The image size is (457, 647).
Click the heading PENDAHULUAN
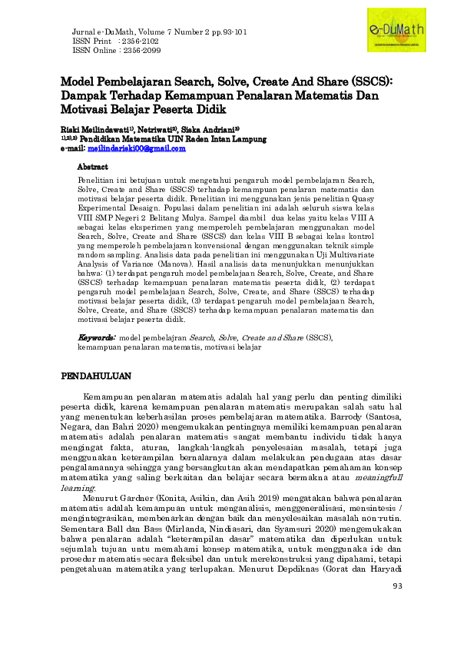coord(97,376)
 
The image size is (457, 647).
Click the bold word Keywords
coord(97,337)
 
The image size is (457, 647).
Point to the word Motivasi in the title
coord(89,109)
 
